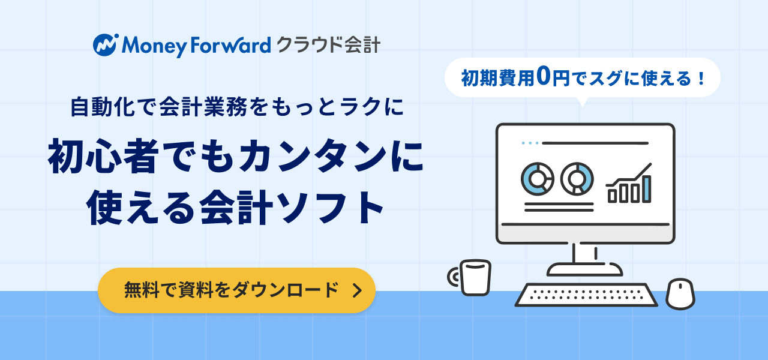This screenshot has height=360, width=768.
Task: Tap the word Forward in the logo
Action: coord(231,45)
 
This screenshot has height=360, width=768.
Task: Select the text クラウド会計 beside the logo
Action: coord(328,45)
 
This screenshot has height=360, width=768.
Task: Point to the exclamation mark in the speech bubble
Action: coord(701,79)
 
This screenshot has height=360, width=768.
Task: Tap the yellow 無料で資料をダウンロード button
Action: coord(236,290)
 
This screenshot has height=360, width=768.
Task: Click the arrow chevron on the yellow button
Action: coord(357,290)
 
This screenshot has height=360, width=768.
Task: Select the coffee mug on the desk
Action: coord(470,277)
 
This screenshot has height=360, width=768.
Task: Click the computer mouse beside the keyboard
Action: coord(680,294)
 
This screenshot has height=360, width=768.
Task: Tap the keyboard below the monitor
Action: coord(586,295)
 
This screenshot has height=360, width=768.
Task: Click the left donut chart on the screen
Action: coord(537,179)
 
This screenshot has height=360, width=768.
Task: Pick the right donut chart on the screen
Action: coord(577,179)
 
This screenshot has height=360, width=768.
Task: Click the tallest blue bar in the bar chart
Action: coord(646,189)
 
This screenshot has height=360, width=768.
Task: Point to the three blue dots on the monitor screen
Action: coord(530,143)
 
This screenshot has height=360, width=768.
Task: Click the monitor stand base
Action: coord(584,269)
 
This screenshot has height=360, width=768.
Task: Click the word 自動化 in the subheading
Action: coord(102,107)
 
